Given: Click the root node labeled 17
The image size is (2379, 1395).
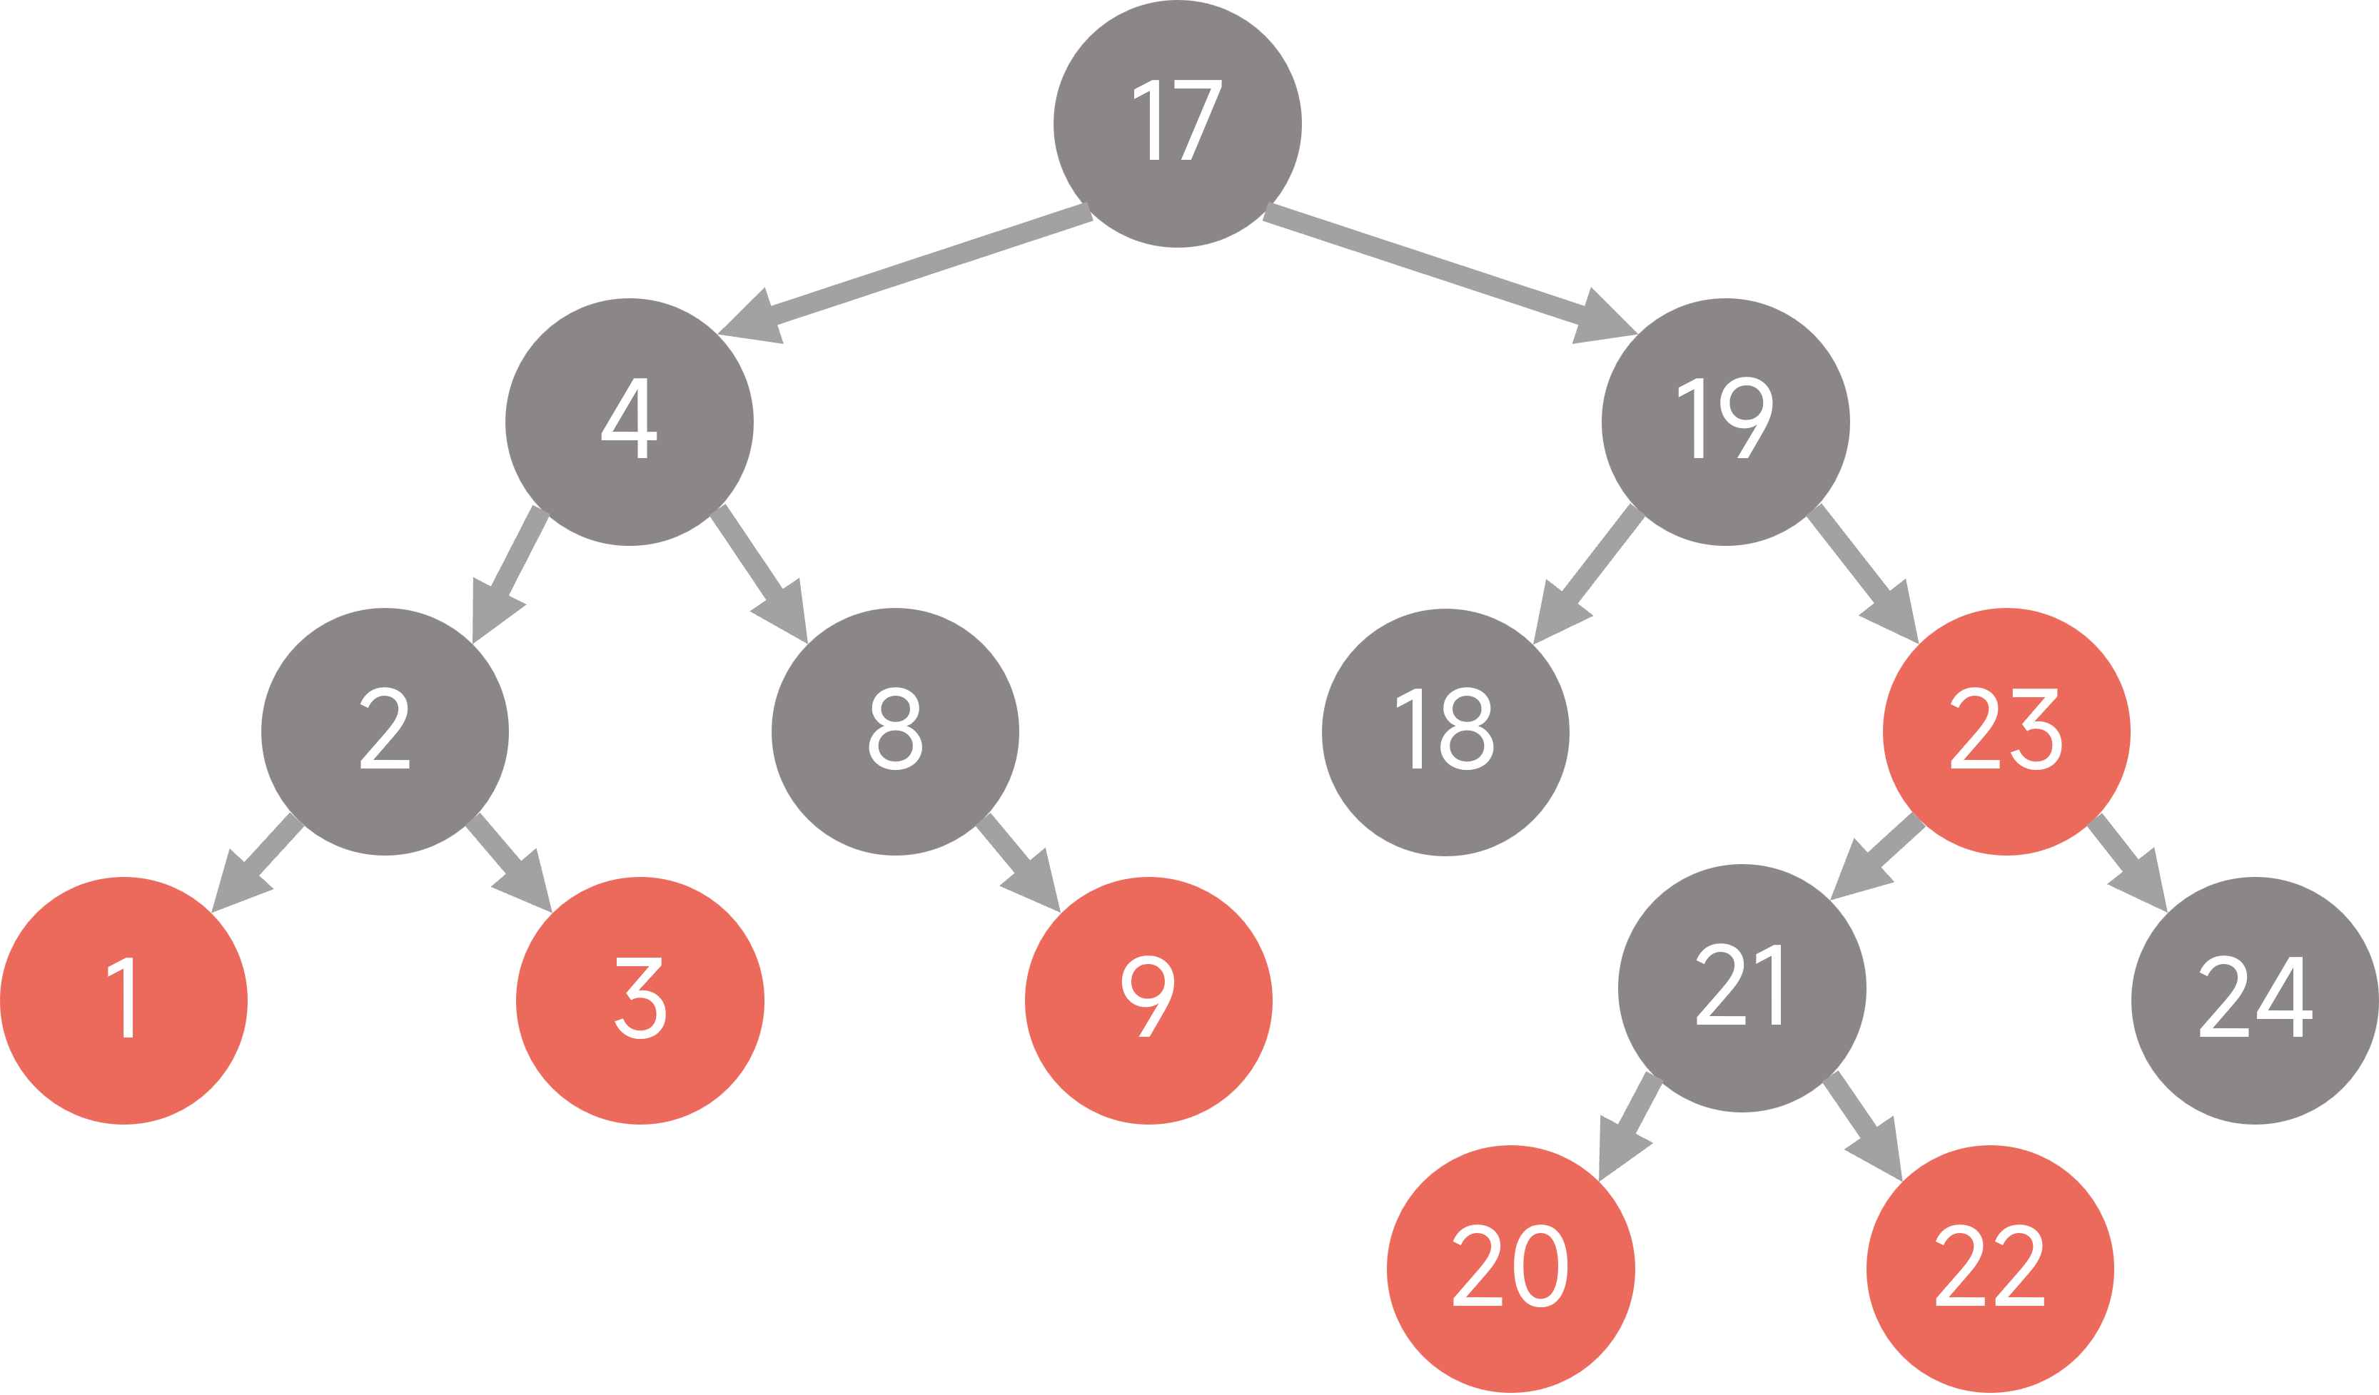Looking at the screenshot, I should click(x=1177, y=123).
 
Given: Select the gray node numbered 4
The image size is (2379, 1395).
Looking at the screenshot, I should click(x=629, y=422).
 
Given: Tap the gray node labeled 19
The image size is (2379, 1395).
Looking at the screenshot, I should click(x=1724, y=422).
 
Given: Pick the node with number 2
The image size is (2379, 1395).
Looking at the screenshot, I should click(x=384, y=731).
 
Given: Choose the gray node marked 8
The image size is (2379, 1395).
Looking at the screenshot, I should click(x=895, y=731).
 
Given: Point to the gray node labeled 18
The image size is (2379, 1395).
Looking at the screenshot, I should click(x=1445, y=731).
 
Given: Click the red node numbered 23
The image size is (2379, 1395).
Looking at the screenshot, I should click(x=2006, y=731).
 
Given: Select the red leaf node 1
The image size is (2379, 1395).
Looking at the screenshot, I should click(x=123, y=1000).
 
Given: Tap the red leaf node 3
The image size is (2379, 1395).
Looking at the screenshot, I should click(x=640, y=1000).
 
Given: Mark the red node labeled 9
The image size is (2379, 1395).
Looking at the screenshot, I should click(x=1148, y=1000).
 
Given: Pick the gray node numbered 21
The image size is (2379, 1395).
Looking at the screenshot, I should click(x=1742, y=988).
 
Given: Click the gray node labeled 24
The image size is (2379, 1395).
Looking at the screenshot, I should click(x=2254, y=1000).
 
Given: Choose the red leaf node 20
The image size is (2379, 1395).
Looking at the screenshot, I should click(x=1510, y=1269).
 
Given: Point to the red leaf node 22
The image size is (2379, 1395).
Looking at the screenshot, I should click(x=1990, y=1269).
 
